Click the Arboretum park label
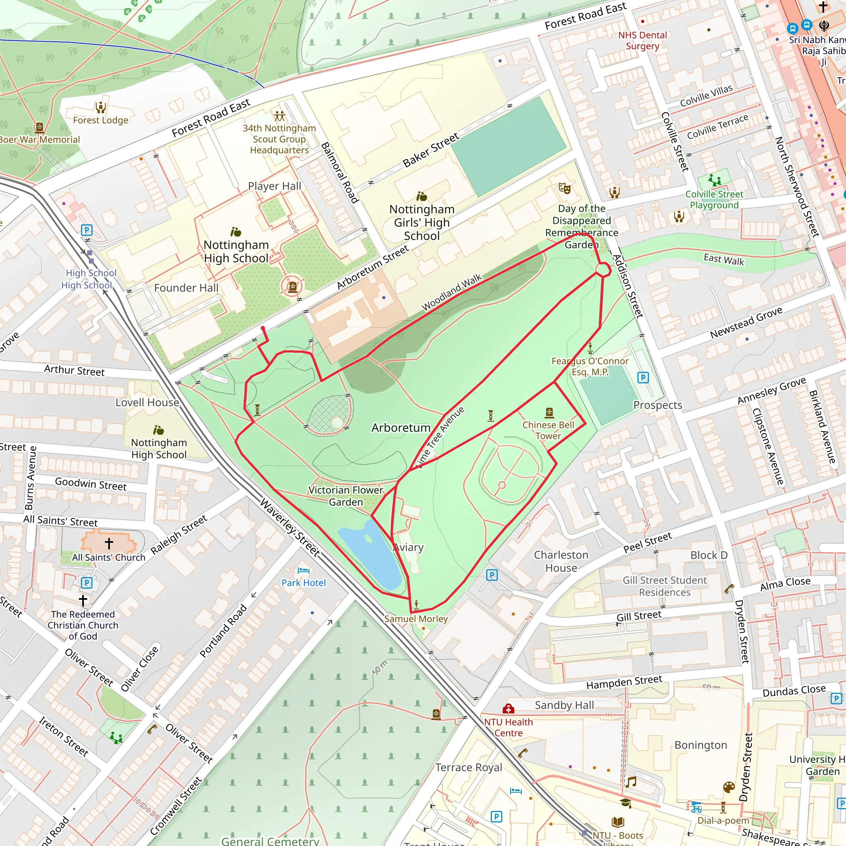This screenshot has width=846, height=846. tap(401, 428)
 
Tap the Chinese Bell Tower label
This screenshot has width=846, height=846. tap(548, 430)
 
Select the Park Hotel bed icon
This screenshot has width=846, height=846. tap(303, 570)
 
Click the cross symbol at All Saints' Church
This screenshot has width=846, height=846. tap(109, 544)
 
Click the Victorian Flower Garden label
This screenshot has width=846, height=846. tap(345, 496)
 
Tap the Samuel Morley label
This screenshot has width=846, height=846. tap(416, 619)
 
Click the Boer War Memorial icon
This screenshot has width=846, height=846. tap(39, 127)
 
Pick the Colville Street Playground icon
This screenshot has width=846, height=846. tap(715, 180)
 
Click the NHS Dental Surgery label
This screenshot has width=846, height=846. tap(642, 40)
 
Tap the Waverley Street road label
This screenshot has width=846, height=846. tap(290, 528)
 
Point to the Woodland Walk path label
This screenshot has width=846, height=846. tap(451, 292)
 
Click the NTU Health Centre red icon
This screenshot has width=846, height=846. tap(508, 708)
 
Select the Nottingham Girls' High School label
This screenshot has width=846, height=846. tap(422, 223)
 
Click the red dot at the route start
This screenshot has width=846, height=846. tap(263, 328)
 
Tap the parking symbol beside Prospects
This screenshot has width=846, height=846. tap(643, 378)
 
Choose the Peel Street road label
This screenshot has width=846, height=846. tap(647, 542)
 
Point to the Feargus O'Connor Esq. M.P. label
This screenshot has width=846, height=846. tap(590, 366)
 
